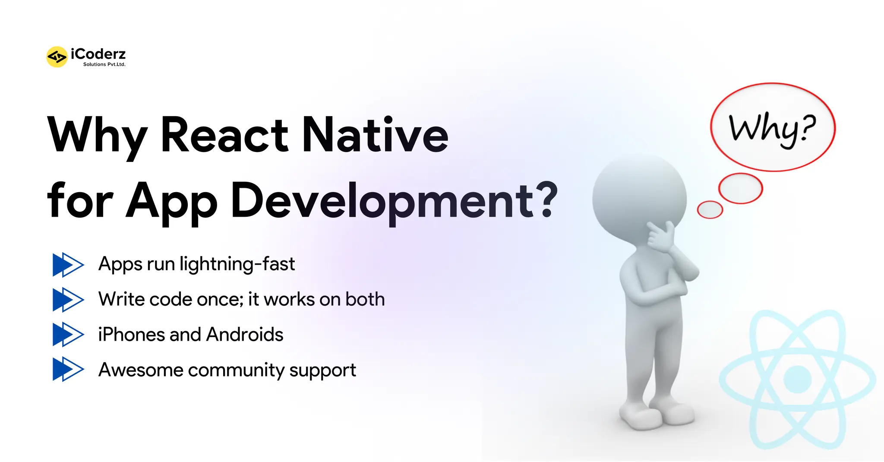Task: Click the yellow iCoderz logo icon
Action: [57, 57]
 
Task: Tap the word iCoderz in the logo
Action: [98, 54]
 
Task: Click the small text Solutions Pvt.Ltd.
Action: [104, 64]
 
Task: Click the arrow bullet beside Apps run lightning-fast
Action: [68, 264]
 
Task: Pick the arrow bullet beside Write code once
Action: [68, 299]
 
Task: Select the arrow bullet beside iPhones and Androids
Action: [68, 334]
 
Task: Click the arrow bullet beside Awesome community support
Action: [68, 369]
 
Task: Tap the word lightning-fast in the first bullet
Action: [237, 264]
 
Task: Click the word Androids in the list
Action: [245, 335]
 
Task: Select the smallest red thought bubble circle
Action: [710, 210]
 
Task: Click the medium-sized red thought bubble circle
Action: [741, 188]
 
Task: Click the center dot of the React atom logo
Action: [798, 380]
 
